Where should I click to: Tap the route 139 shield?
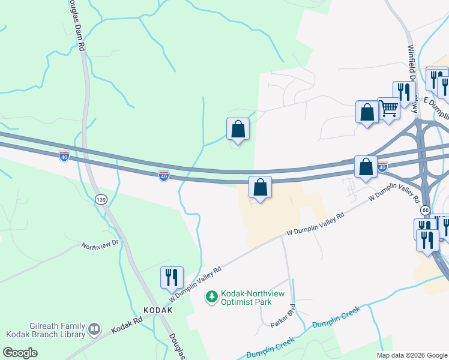pyautogui.click(x=101, y=199)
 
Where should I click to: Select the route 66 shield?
pyautogui.click(x=425, y=210)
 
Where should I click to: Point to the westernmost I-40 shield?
pyautogui.click(x=64, y=156)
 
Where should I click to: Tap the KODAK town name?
pyautogui.click(x=158, y=310)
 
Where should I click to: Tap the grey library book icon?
pyautogui.click(x=94, y=329)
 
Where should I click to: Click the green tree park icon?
pyautogui.click(x=211, y=296)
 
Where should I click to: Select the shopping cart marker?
pyautogui.click(x=389, y=109)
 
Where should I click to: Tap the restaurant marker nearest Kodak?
pyautogui.click(x=172, y=277)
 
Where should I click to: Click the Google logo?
pyautogui.click(x=19, y=353)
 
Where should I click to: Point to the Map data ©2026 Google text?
pyautogui.click(x=411, y=355)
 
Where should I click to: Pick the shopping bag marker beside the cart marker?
pyautogui.click(x=367, y=112)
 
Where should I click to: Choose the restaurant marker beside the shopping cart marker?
pyautogui.click(x=404, y=92)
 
